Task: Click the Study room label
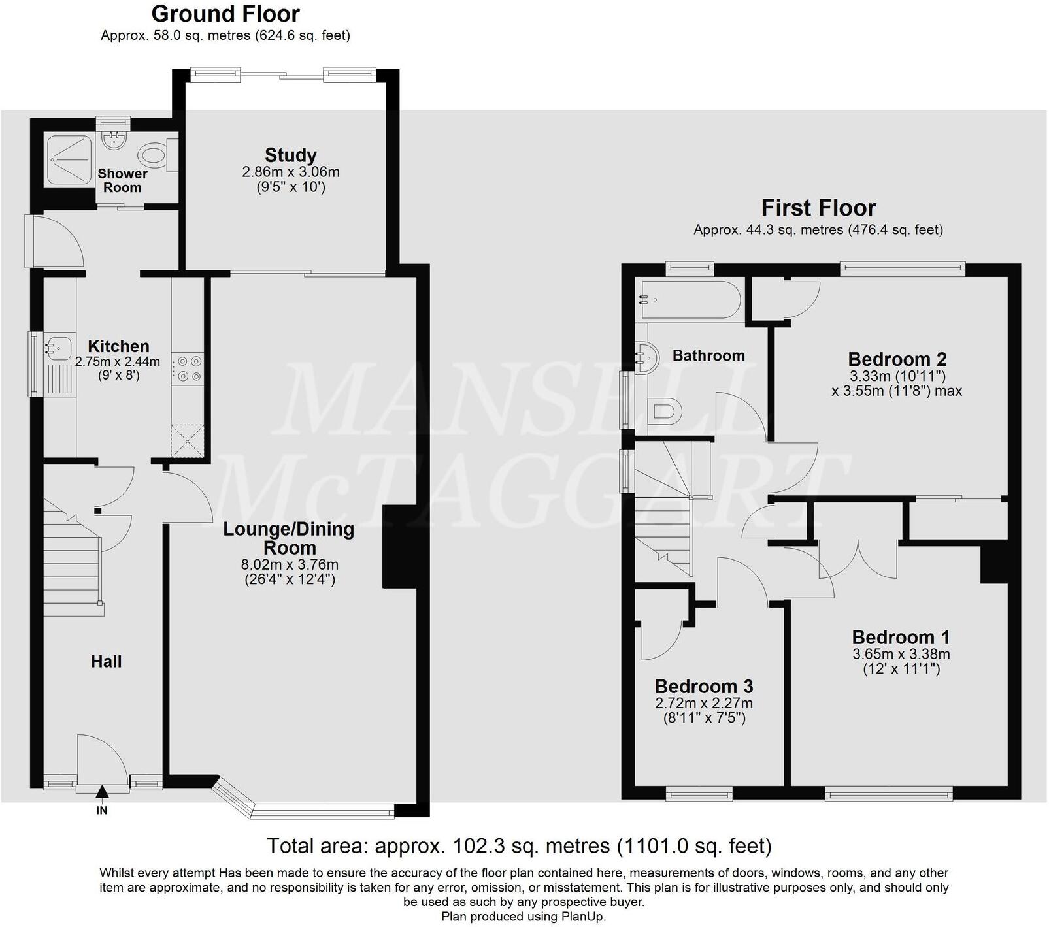click(290, 155)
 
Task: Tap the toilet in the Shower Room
click(154, 155)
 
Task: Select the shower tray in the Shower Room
click(68, 159)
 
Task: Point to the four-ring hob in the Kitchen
click(188, 368)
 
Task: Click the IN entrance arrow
click(102, 793)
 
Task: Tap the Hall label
click(107, 662)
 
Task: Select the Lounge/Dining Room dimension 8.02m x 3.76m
click(290, 565)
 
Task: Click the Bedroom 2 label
click(897, 359)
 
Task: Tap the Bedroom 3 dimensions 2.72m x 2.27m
click(703, 704)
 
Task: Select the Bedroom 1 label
click(901, 638)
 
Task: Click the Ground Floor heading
click(225, 14)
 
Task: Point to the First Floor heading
click(818, 208)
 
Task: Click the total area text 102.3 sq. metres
click(519, 846)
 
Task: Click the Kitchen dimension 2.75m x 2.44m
click(118, 362)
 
